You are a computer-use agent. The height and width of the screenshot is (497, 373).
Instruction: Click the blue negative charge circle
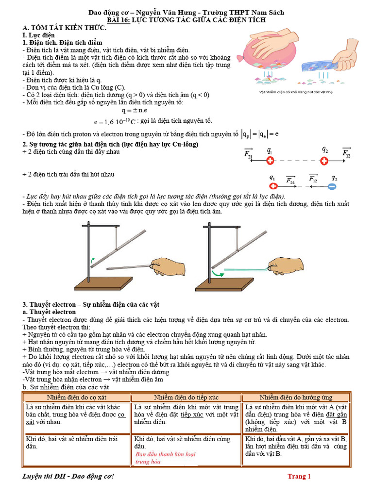pyautogui.click(x=332, y=186)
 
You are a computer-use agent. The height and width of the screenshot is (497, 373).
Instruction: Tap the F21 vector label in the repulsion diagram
pyautogui.click(x=248, y=154)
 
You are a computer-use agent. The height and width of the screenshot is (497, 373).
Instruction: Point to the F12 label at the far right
pyautogui.click(x=346, y=154)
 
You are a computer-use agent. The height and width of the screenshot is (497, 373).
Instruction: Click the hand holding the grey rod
pyautogui.click(x=165, y=266)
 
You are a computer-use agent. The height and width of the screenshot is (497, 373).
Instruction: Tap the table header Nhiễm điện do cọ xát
pyautogui.click(x=77, y=397)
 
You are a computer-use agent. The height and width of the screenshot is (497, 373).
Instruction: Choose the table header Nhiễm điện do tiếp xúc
pyautogui.click(x=186, y=397)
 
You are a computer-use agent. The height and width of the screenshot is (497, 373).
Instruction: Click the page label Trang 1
pyautogui.click(x=299, y=476)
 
